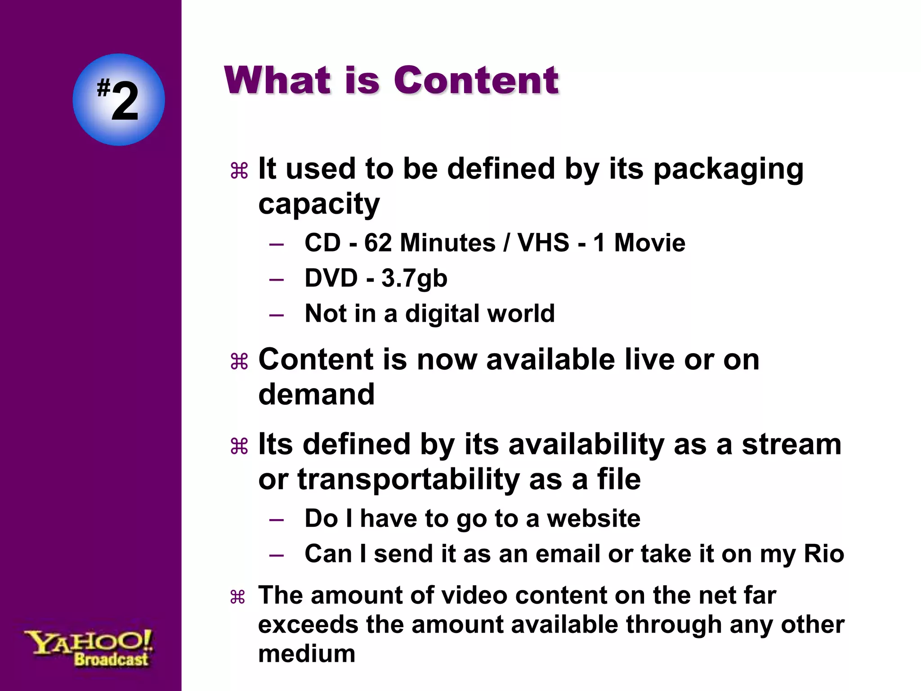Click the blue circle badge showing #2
tap(119, 100)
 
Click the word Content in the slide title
tap(476, 81)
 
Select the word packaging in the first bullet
tap(728, 170)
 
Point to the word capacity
tap(319, 205)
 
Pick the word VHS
tap(543, 243)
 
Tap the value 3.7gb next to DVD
tap(414, 279)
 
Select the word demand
tap(316, 395)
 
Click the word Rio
tap(824, 554)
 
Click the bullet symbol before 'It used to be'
tap(239, 171)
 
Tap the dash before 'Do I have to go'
tap(276, 520)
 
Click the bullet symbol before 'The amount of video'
tap(237, 597)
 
